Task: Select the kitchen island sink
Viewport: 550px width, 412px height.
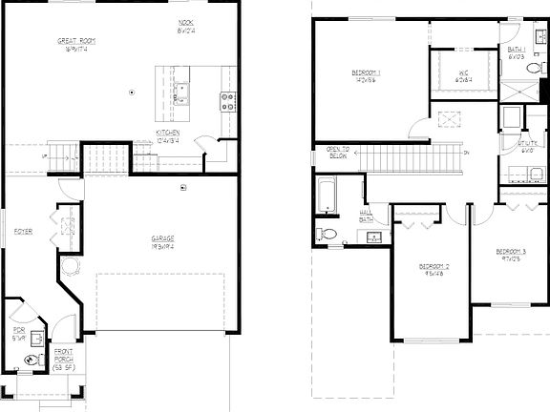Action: [180, 93]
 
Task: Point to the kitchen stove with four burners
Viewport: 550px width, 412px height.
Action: [228, 100]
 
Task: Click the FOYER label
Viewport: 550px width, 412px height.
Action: [22, 232]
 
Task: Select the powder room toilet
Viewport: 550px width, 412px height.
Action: [32, 360]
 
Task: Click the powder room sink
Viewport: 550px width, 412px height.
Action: [37, 337]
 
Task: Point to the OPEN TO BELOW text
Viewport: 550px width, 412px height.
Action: [338, 153]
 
